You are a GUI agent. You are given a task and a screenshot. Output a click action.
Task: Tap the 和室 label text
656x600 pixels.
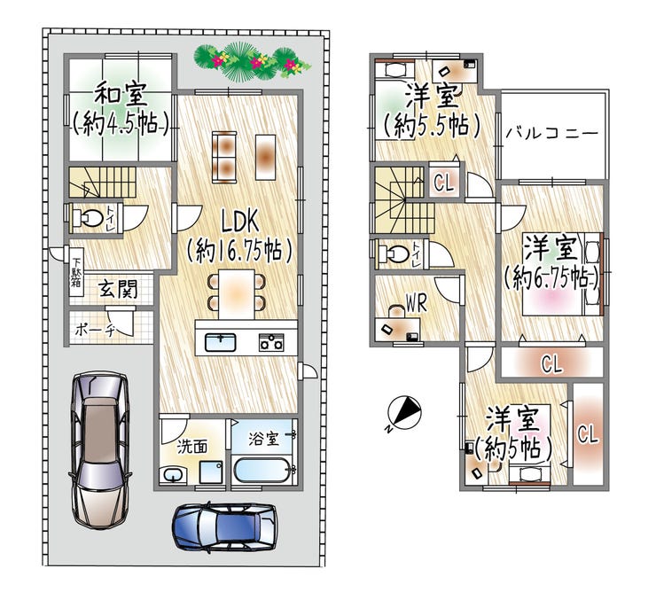click(x=121, y=92)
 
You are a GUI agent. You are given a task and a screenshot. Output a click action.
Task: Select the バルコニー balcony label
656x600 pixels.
click(x=551, y=134)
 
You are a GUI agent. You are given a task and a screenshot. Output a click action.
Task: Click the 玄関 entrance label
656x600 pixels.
click(x=116, y=288)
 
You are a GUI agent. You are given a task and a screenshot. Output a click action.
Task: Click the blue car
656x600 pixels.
click(x=224, y=529)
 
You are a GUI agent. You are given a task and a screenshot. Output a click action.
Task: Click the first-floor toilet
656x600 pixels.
click(x=88, y=217)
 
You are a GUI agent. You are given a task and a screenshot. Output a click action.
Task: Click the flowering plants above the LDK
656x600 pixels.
click(x=251, y=60)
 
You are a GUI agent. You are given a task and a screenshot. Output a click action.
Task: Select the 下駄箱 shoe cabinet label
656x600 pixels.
click(x=77, y=273)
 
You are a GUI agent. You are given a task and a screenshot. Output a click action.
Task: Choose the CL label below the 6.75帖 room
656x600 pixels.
click(x=551, y=362)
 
